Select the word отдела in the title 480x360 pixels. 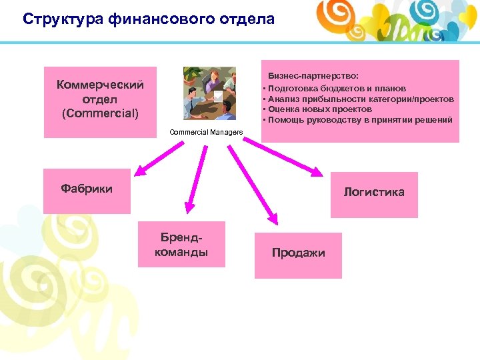pyautogui.click(x=246, y=19)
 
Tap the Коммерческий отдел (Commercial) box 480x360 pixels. pyautogui.click(x=100, y=101)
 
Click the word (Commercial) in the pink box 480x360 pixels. pyautogui.click(x=100, y=113)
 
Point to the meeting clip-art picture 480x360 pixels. pyautogui.click(x=209, y=93)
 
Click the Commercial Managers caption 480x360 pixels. pyautogui.click(x=206, y=132)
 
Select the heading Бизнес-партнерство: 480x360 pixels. pyautogui.click(x=313, y=77)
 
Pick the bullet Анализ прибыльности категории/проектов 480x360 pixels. pyautogui.click(x=360, y=99)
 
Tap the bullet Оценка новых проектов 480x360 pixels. pyautogui.click(x=319, y=109)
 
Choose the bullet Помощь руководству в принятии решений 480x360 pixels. pyautogui.click(x=359, y=119)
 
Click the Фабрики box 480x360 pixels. pyautogui.click(x=87, y=190)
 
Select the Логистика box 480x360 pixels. pyautogui.click(x=373, y=194)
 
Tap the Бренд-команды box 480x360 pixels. pyautogui.click(x=181, y=245)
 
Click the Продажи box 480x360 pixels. pyautogui.click(x=298, y=254)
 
